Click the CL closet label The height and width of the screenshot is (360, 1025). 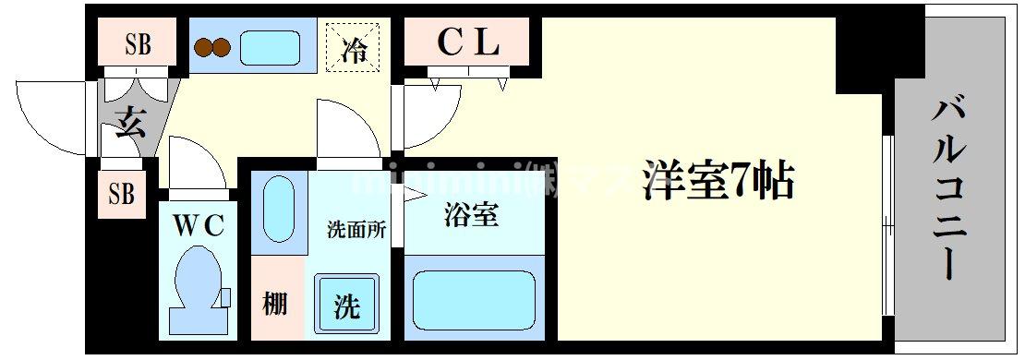(x=466, y=42)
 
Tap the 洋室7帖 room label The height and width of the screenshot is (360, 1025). (x=718, y=181)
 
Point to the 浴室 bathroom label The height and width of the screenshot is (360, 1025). (x=471, y=215)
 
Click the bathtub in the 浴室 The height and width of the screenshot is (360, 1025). (x=474, y=299)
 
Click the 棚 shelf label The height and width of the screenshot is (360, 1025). (x=274, y=303)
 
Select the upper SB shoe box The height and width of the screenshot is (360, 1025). (x=138, y=43)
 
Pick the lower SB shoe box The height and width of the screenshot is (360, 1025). (x=121, y=194)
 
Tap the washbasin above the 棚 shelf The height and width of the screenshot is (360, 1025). (x=278, y=210)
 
